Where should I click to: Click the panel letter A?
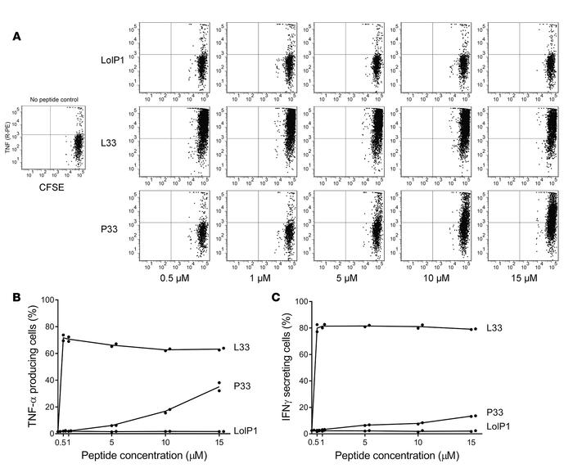(17, 36)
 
